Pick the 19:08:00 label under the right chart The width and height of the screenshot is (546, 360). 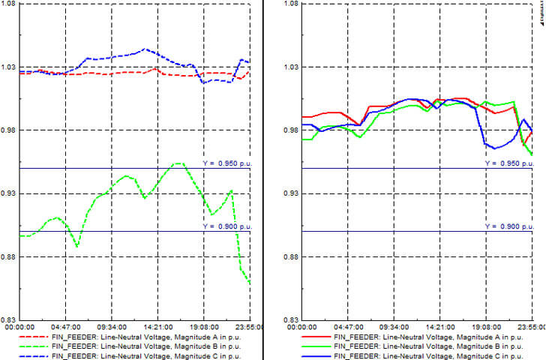486,328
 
